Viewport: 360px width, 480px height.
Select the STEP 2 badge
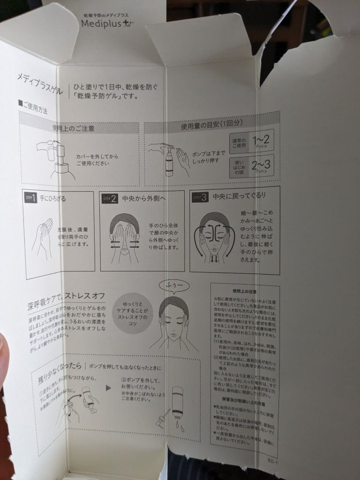pos(109,199)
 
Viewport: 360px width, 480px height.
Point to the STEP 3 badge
pos(200,197)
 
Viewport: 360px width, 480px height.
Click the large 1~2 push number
pos(260,140)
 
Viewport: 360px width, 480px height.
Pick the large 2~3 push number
pos(260,165)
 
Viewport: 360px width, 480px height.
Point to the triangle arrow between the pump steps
pos(108,388)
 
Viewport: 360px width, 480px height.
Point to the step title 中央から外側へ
pos(144,199)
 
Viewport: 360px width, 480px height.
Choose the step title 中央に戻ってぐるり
pos(239,196)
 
